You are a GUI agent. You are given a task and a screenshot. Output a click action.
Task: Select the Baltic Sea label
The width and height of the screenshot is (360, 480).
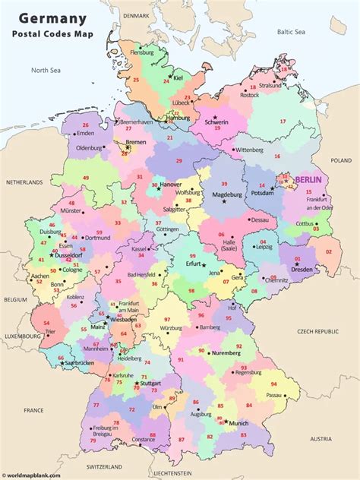pyautogui.click(x=289, y=32)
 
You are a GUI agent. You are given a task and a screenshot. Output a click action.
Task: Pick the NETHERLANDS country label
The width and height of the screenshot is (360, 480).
pyautogui.click(x=25, y=183)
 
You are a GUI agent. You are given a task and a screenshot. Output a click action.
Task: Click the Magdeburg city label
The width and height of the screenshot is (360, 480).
pyautogui.click(x=225, y=194)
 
